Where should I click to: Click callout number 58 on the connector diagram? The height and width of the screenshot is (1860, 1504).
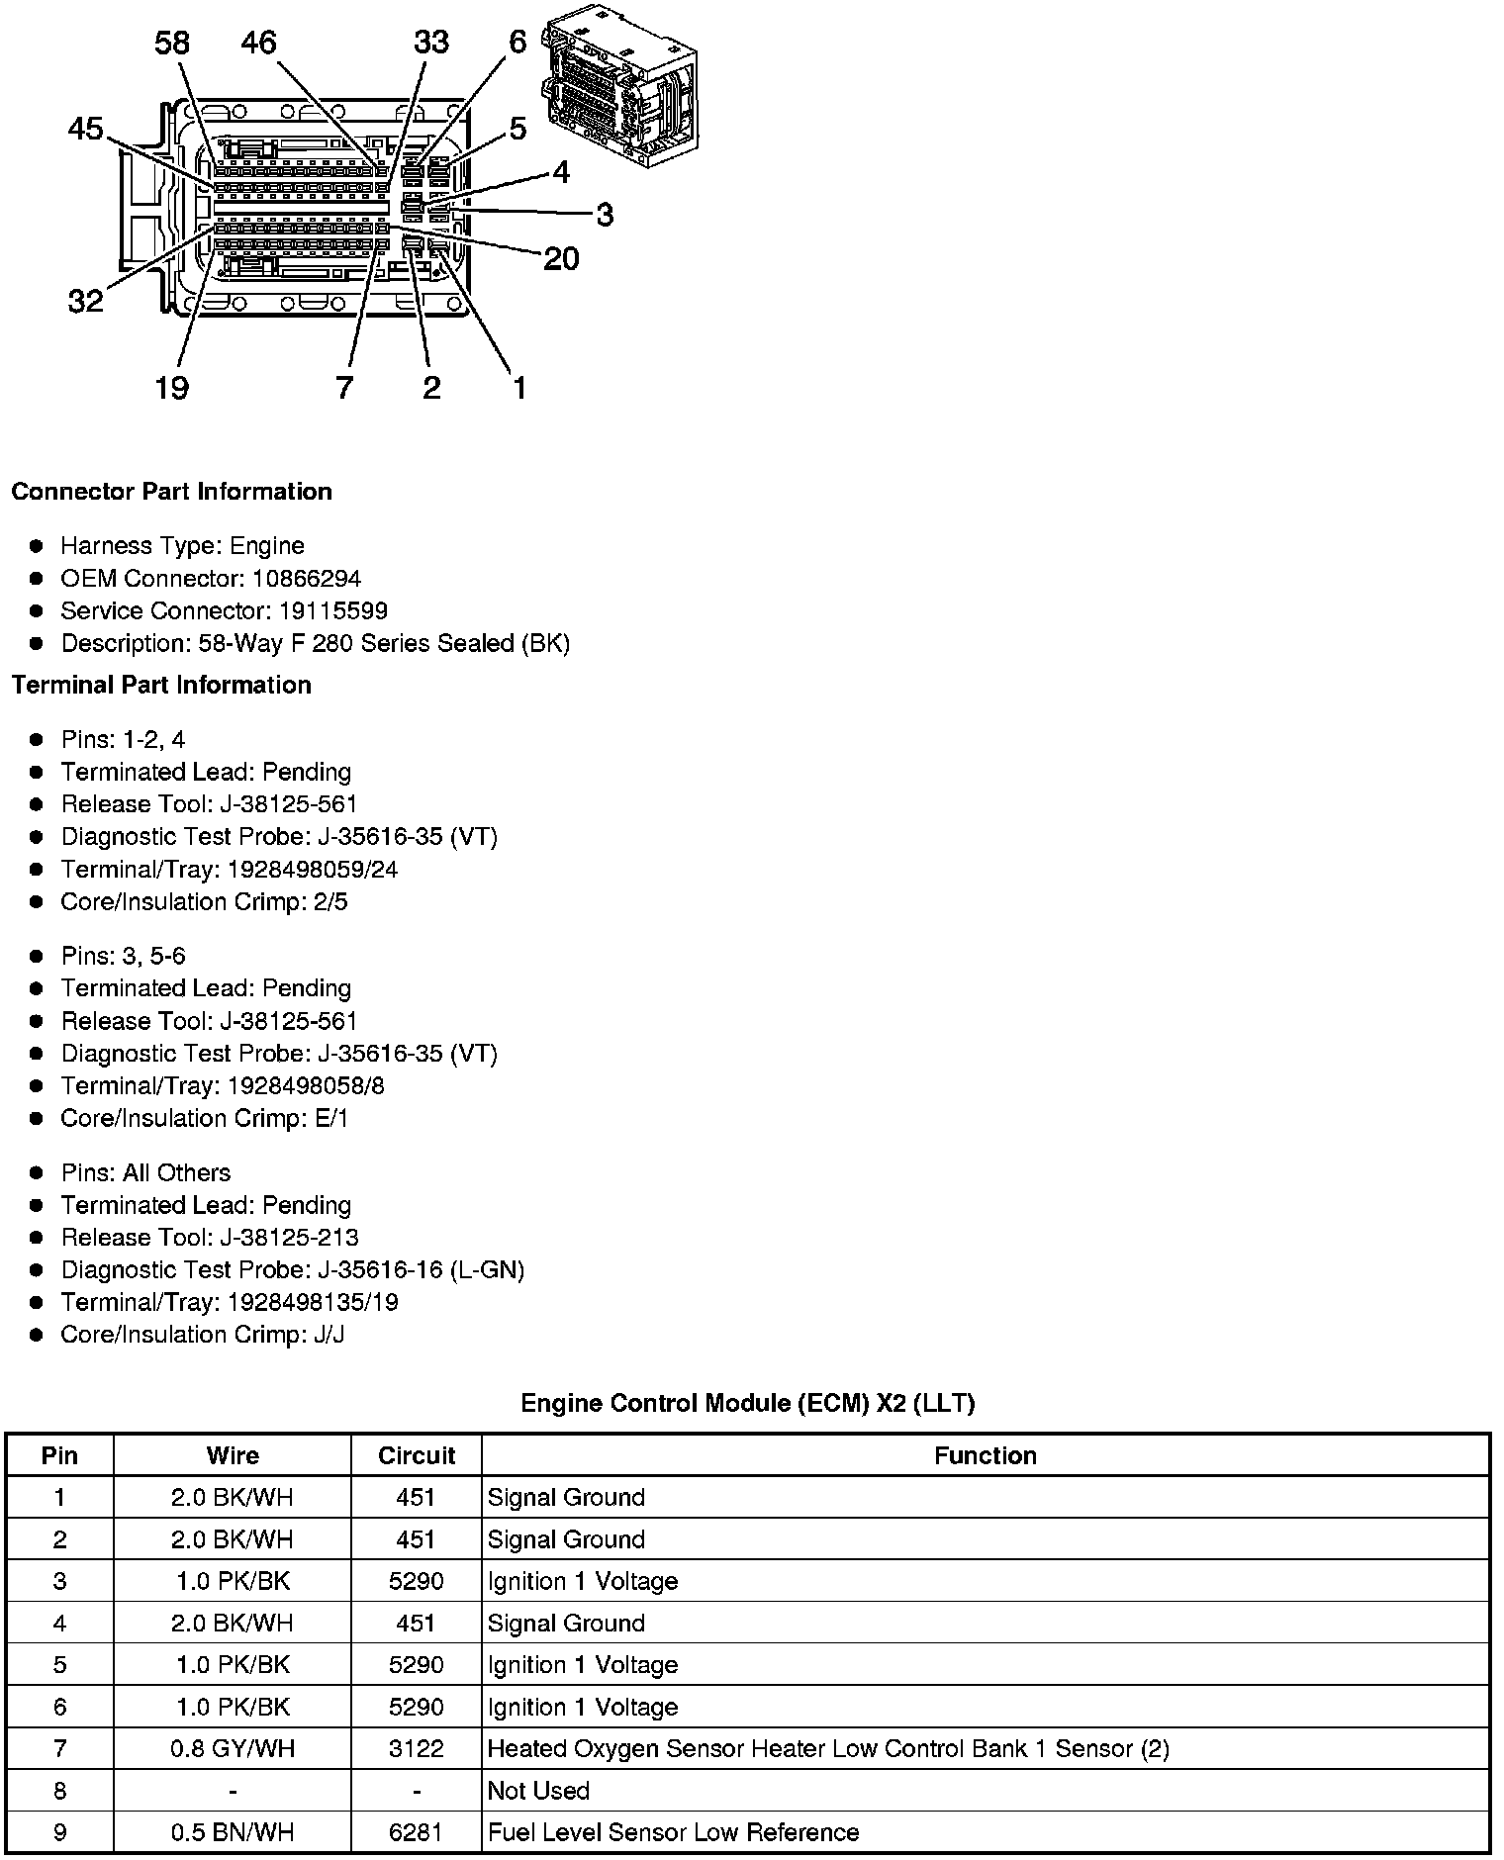pos(172,43)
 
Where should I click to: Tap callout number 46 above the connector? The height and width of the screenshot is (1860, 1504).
pos(259,43)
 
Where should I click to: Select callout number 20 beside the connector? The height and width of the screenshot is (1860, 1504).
pos(561,259)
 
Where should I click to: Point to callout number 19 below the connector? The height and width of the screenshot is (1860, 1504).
pos(171,387)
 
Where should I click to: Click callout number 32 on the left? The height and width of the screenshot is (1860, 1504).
pos(85,300)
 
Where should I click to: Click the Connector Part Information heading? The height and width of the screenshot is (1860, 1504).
pos(171,492)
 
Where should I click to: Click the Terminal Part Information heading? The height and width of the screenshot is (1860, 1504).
pos(161,685)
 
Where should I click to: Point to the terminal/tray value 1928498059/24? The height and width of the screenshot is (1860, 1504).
pos(313,870)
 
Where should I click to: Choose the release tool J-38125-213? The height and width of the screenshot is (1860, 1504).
pos(289,1238)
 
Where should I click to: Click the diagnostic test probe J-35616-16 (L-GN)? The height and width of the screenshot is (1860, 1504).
pos(421,1270)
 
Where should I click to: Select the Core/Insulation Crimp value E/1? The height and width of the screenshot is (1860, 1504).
pos(330,1119)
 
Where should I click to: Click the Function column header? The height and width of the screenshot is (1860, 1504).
pos(985,1455)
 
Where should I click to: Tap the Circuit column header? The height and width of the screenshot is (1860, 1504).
pos(416,1455)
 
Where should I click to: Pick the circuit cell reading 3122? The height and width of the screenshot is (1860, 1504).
pos(416,1749)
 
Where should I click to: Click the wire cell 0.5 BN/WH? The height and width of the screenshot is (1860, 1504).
pos(232,1832)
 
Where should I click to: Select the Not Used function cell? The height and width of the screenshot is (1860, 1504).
pos(539,1791)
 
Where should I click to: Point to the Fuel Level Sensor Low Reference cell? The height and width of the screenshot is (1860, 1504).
pos(673,1832)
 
